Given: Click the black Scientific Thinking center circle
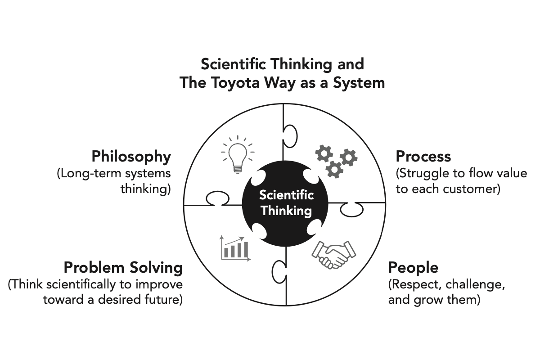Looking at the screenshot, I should click(x=286, y=202).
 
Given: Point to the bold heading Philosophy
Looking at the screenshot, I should click(x=131, y=157).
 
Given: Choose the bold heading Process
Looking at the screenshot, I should click(x=423, y=157).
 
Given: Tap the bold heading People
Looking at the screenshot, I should click(x=413, y=268).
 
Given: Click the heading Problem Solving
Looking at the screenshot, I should click(x=123, y=268).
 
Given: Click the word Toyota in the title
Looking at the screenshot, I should click(x=247, y=83).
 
